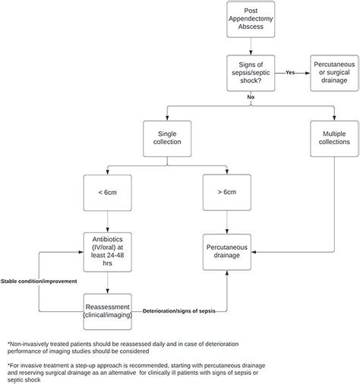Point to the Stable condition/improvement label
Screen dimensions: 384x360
click(x=38, y=279)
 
